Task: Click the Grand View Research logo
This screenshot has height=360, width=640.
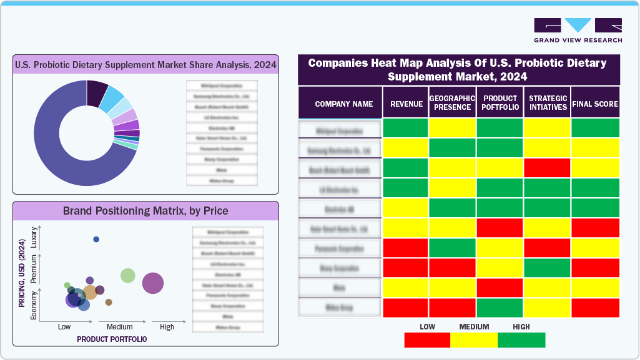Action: (x=578, y=30)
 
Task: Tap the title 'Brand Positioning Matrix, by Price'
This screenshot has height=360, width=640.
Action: (x=145, y=210)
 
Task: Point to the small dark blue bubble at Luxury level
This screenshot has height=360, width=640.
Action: (x=96, y=240)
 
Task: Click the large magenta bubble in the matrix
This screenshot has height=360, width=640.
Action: (x=153, y=283)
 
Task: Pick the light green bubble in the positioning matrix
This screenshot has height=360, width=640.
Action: (x=128, y=275)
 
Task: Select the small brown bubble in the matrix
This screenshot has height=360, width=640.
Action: (x=109, y=302)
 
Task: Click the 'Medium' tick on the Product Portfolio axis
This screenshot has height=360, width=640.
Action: (x=119, y=327)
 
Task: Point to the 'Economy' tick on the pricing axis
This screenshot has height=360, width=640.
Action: (x=34, y=306)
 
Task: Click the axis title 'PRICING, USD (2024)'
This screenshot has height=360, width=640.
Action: (x=22, y=274)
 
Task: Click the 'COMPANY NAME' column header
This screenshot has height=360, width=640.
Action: (x=343, y=104)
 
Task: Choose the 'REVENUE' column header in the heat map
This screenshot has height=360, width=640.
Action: (x=406, y=104)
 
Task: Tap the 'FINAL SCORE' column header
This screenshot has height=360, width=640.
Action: (x=595, y=104)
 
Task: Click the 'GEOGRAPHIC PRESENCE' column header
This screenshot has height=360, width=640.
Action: (x=453, y=103)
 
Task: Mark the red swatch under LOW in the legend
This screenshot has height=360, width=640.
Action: (x=427, y=340)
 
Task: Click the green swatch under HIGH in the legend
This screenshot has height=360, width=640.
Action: (x=521, y=340)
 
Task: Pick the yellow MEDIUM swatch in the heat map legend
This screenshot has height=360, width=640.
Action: (x=474, y=340)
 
